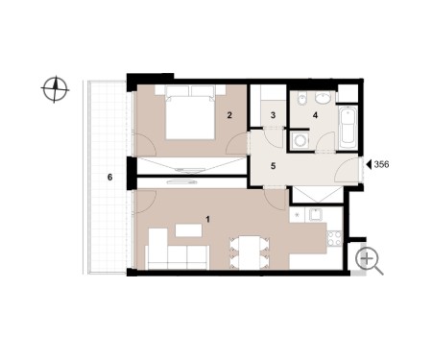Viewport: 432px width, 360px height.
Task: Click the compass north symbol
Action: [x=55, y=89]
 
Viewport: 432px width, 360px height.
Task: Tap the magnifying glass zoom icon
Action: [x=370, y=261]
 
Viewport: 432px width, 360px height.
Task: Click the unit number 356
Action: [x=381, y=164]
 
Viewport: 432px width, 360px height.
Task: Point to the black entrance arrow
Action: [x=369, y=164]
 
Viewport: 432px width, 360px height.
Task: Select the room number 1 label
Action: [x=208, y=220]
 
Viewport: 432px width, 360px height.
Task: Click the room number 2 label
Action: [x=229, y=115]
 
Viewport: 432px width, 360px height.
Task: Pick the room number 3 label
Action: [x=273, y=115]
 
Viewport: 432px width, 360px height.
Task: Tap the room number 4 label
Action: [x=315, y=115]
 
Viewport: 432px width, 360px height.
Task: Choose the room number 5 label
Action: [x=273, y=166]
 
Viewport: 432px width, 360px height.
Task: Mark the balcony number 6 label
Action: [x=109, y=177]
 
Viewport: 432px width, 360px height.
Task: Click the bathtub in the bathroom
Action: [x=348, y=127]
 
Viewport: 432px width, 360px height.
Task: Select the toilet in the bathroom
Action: [x=300, y=99]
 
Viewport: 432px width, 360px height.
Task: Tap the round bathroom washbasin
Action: [x=324, y=98]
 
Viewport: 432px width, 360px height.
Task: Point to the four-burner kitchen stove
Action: [x=335, y=238]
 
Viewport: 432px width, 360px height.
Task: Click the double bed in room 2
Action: [x=190, y=112]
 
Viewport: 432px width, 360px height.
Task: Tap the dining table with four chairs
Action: [x=250, y=252]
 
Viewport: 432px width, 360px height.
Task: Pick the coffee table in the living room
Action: [x=188, y=230]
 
